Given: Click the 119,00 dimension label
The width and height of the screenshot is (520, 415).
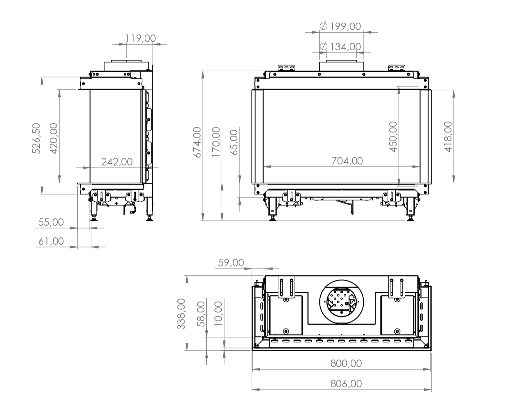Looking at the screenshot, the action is click(x=140, y=38).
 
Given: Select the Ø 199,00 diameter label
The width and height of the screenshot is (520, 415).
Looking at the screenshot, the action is click(x=340, y=26).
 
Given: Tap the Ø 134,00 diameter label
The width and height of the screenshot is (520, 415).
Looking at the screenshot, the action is click(x=340, y=46).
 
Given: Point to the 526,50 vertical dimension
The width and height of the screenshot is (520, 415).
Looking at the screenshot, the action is click(x=36, y=138).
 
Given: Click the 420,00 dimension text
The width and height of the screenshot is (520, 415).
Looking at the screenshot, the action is click(x=54, y=138).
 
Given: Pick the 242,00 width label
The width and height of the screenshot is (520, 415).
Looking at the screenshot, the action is click(x=117, y=162).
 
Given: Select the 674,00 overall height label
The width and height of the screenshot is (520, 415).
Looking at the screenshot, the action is click(x=197, y=142).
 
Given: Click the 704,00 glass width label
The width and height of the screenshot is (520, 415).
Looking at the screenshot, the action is click(x=347, y=161).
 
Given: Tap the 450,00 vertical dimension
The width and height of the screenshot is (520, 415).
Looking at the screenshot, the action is click(x=393, y=137).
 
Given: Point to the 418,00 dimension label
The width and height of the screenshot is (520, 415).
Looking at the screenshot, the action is click(x=448, y=137).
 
